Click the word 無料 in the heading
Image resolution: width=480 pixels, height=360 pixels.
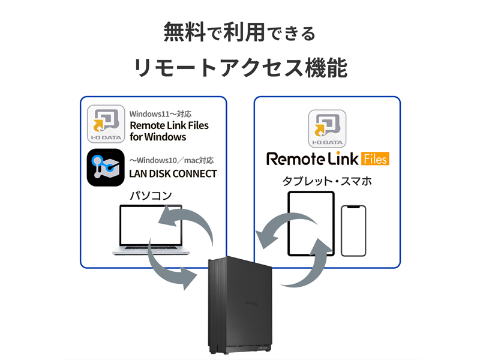click(x=184, y=32)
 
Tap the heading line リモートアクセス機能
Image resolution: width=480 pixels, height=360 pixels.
click(x=241, y=67)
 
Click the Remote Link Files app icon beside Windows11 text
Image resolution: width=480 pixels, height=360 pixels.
click(x=106, y=124)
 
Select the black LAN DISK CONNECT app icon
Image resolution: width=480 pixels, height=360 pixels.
click(x=106, y=167)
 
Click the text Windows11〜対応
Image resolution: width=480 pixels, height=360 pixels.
click(x=160, y=114)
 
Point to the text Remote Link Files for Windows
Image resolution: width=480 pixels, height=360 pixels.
click(x=169, y=131)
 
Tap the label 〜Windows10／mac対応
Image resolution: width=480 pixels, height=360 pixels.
click(x=172, y=160)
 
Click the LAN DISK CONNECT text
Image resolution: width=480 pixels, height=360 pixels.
click(x=173, y=173)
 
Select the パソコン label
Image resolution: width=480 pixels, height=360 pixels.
click(x=151, y=196)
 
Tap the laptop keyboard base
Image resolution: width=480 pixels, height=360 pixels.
click(x=151, y=250)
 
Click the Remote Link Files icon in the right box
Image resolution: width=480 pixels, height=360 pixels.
click(x=327, y=128)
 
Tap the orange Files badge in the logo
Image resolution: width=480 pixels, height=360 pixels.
click(x=376, y=158)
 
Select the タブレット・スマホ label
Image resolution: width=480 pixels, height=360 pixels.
click(x=327, y=181)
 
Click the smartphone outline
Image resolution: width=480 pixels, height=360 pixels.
click(x=353, y=231)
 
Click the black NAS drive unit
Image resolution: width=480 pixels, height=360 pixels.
click(x=240, y=305)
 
